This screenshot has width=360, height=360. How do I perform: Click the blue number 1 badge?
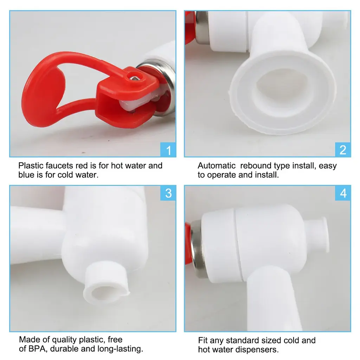[x=168, y=149]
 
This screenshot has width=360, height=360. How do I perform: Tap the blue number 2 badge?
[x=343, y=149]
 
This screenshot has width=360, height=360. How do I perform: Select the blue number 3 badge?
[x=168, y=193]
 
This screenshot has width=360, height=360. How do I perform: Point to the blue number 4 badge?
[x=343, y=193]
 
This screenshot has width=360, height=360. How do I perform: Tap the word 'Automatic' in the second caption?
[x=217, y=166]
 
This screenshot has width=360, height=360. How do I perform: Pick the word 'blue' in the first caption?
[x=26, y=175]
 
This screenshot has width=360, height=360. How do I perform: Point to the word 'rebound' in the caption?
[x=255, y=166]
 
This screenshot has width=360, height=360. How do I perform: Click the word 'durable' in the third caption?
[x=64, y=348]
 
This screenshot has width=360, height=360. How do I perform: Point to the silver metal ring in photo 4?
[x=197, y=249]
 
